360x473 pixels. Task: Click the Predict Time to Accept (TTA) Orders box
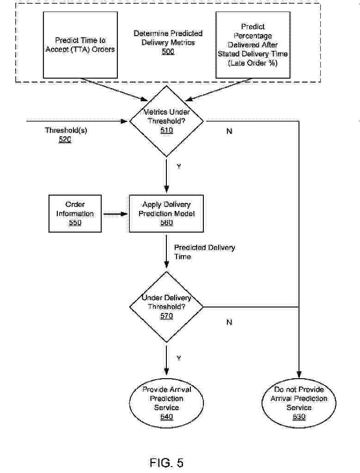coord(80,45)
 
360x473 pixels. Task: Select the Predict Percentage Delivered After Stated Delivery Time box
coord(253,45)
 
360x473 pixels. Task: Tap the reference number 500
coord(168,52)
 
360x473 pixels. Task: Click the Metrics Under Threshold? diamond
coord(166,121)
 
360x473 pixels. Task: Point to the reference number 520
coord(65,140)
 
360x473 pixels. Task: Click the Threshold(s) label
coord(66,130)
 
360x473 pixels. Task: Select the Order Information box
coord(75,214)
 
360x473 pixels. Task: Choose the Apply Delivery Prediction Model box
coord(166,214)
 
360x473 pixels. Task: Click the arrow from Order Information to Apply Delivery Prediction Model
coord(115,214)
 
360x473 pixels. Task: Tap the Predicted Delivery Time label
coord(204,252)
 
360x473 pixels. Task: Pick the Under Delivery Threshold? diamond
coord(166,307)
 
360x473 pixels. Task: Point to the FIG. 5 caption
coord(167,462)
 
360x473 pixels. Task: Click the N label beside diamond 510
coord(229,131)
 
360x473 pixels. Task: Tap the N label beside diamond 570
coord(229,322)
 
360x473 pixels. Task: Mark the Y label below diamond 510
coord(179,166)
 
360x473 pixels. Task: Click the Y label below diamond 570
coord(179,358)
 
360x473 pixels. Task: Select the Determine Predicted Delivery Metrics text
coord(168,38)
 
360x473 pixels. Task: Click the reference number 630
coord(299,417)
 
